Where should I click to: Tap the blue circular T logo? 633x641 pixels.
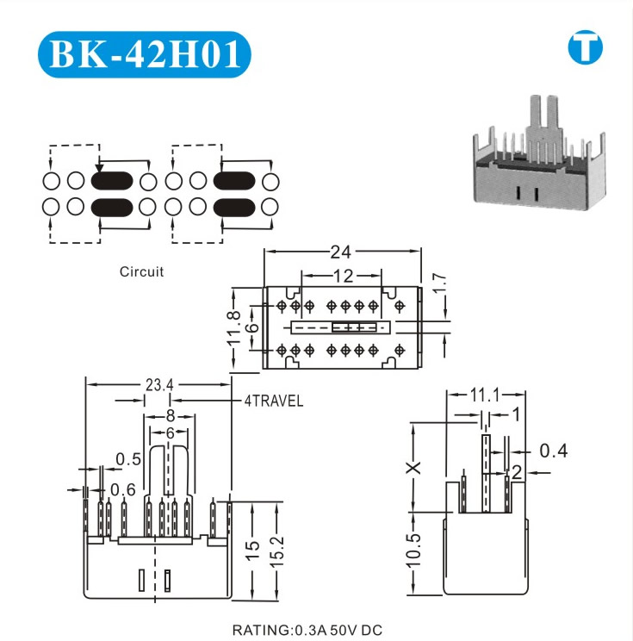(586, 49)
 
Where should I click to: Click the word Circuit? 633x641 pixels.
(141, 271)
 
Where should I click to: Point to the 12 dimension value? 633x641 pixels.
(343, 277)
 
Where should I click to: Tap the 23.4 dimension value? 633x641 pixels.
(158, 385)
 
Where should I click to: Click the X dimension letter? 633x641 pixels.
(413, 467)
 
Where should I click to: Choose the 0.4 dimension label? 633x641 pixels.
(553, 450)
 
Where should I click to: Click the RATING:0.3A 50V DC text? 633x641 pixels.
(307, 630)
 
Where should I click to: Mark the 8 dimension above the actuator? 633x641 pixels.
(170, 416)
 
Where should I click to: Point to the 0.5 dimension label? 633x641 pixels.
(129, 459)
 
